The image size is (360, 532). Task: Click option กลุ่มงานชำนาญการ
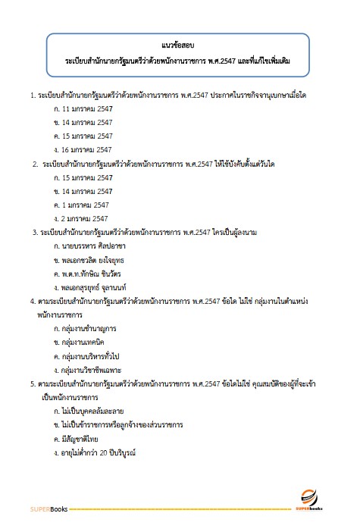tap(86, 330)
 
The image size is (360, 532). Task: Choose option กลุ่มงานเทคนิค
tap(83, 343)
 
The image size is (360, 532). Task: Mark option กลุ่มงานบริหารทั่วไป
tap(88, 357)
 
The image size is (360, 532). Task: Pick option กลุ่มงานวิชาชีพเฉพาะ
tap(89, 371)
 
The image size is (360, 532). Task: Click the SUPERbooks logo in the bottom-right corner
tap(311, 501)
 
